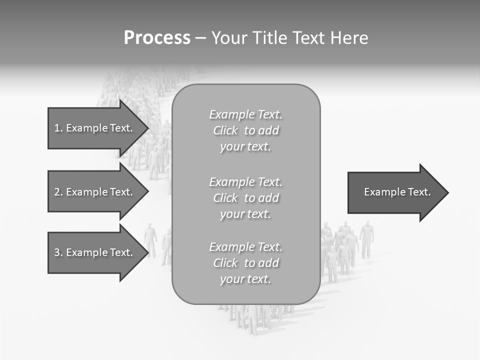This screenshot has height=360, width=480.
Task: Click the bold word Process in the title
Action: (157, 38)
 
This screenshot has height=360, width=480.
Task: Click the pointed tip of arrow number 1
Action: (147, 128)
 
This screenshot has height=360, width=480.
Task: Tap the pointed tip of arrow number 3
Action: (147, 252)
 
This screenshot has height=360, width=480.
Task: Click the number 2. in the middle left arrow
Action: (58, 192)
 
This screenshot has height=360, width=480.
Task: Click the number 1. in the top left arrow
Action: (58, 128)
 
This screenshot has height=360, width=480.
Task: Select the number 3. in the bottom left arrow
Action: (58, 252)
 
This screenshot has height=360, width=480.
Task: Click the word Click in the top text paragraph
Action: (225, 130)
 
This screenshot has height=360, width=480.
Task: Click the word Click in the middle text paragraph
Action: (225, 198)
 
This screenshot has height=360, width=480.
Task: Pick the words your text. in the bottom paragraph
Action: (245, 279)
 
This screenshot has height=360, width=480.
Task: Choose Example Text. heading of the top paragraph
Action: (245, 114)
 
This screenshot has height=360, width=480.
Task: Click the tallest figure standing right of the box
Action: (367, 239)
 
